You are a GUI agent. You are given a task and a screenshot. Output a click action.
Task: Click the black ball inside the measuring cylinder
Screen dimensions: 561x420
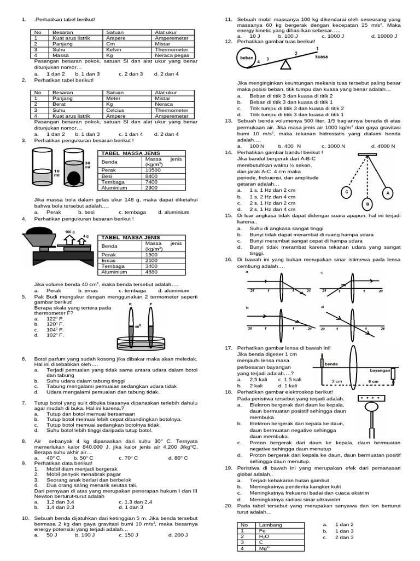tap(73, 177)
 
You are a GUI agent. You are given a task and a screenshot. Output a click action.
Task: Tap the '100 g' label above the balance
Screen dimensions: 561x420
tap(69, 232)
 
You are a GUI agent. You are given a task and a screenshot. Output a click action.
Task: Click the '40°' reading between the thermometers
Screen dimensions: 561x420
tap(138, 327)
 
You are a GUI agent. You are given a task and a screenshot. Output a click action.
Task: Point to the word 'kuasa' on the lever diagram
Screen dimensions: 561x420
tap(322, 56)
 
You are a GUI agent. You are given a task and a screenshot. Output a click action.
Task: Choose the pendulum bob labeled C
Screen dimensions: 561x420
tap(346, 193)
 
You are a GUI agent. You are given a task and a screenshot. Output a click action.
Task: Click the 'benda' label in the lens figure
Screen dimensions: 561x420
tap(331, 363)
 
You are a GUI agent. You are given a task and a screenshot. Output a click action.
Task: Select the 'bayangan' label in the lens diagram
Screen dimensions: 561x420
tap(379, 370)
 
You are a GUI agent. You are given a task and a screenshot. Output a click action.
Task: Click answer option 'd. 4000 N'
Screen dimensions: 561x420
tap(383, 146)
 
